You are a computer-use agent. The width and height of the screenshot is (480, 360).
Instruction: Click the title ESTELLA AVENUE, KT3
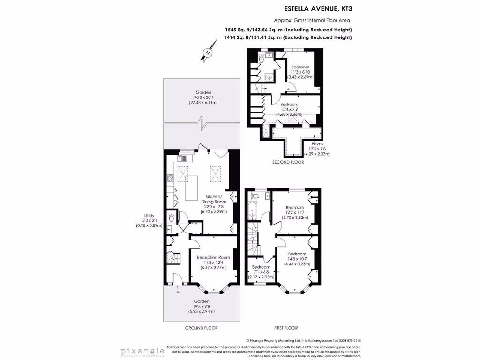[x=318, y=8]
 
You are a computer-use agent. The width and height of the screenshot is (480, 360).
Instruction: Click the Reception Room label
[x=213, y=257]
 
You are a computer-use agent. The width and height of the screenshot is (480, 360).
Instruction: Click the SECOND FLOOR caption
[x=288, y=162]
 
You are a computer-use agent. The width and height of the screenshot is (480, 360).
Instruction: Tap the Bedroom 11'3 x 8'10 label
[x=300, y=67]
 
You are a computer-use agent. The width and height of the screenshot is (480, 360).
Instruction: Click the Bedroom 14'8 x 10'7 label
[x=297, y=254]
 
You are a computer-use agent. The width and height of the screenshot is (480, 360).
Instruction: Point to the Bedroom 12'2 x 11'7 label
[x=295, y=207]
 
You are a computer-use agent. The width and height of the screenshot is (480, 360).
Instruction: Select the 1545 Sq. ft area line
[x=288, y=30]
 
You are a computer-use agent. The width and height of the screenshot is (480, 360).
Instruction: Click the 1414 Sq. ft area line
[x=288, y=37]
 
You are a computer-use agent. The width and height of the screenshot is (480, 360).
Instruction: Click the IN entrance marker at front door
[x=178, y=292]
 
